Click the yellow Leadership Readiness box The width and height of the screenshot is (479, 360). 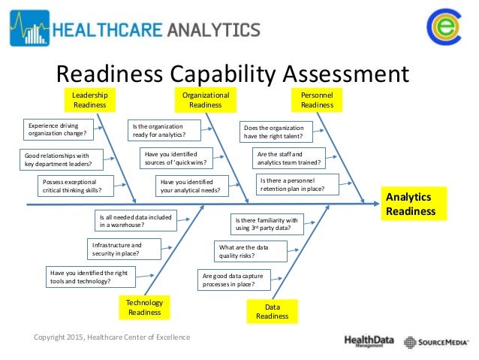89,100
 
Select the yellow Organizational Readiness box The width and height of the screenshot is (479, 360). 205,100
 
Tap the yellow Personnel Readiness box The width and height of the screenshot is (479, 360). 317,100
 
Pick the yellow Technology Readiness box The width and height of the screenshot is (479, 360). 145,307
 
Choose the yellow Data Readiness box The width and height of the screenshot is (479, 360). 272,311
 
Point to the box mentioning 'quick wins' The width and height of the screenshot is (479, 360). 175,158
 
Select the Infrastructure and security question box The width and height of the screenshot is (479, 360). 122,249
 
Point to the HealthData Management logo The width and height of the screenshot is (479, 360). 369,341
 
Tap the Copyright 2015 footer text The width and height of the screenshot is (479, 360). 112,337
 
